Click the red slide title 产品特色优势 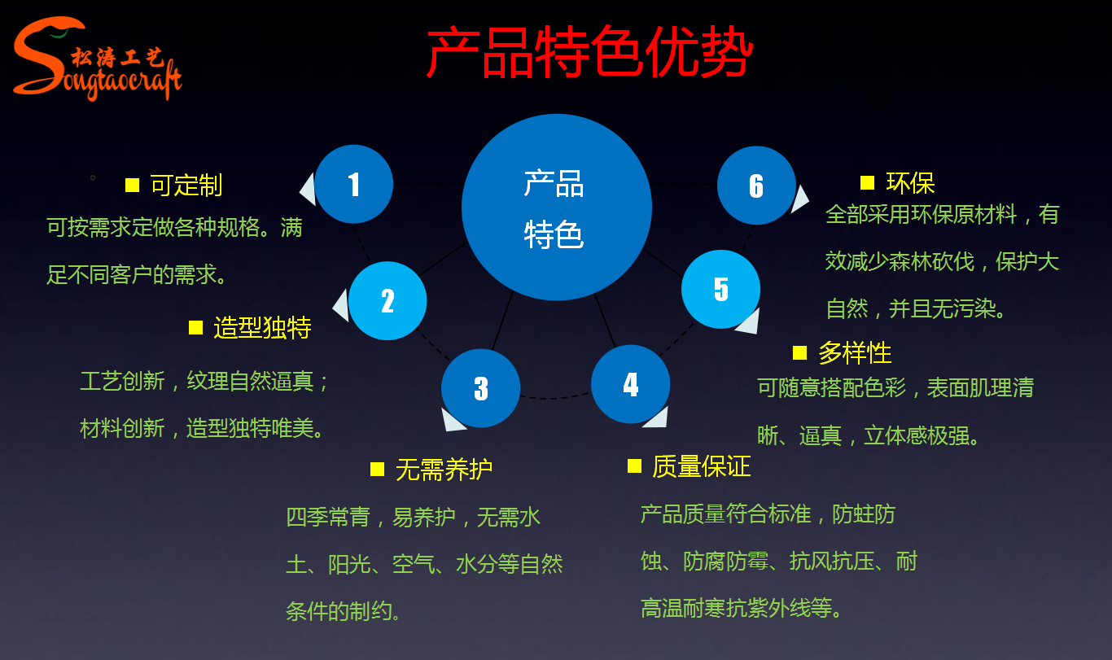click(589, 54)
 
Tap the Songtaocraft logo click(96, 59)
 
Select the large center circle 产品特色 click(556, 208)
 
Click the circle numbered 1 click(354, 184)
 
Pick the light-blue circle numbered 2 click(387, 301)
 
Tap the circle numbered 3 click(481, 388)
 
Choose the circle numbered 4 click(631, 384)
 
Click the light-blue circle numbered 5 click(721, 289)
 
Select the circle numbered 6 click(756, 186)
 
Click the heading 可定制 click(186, 185)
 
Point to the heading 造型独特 click(262, 327)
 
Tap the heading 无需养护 click(444, 469)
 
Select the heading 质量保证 click(701, 465)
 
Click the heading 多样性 click(855, 352)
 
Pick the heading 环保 click(910, 182)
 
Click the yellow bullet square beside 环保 click(867, 182)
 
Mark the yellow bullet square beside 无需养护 click(377, 469)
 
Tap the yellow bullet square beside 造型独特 click(195, 327)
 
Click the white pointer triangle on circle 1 click(309, 190)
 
